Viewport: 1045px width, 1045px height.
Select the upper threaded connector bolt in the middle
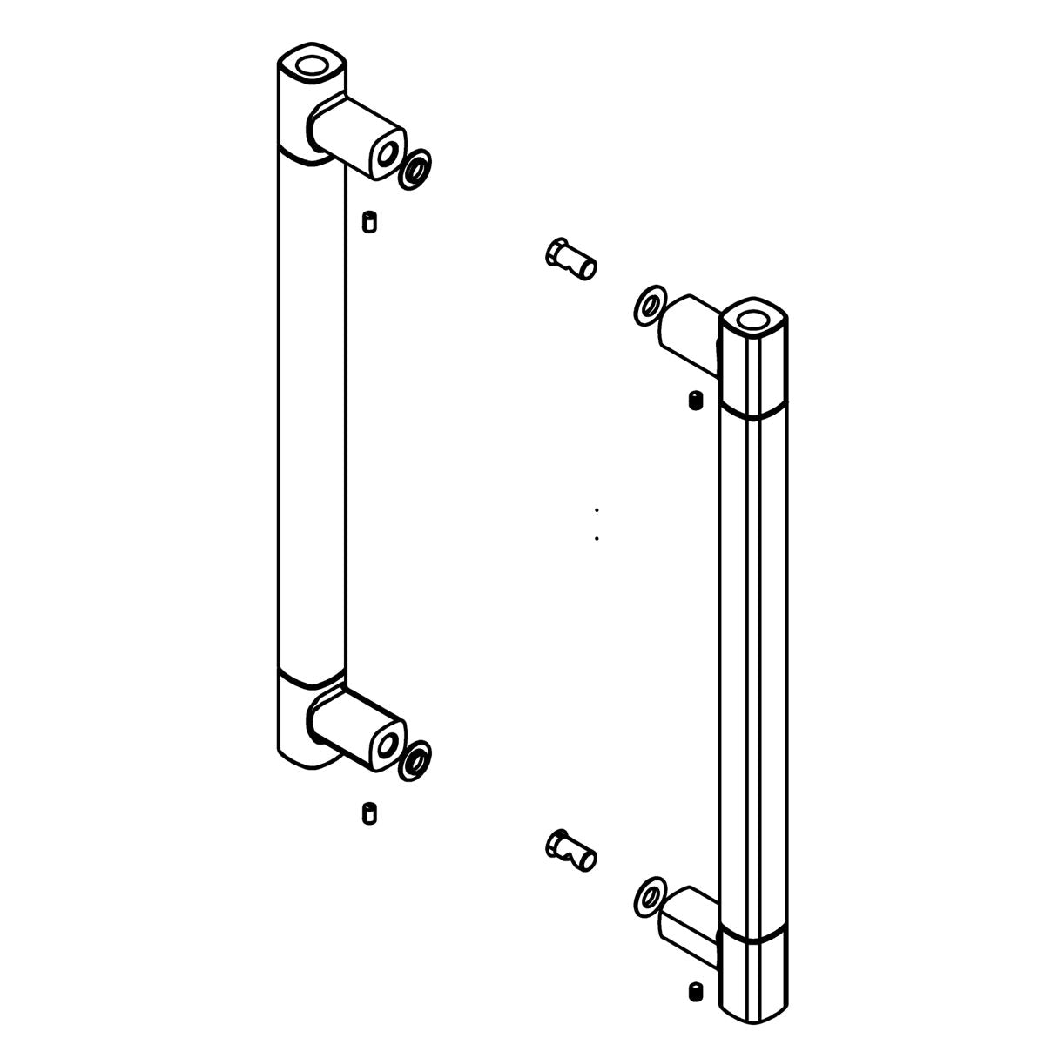570,259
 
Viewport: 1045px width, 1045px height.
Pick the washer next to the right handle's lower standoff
649,895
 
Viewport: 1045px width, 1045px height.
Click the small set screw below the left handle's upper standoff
368,221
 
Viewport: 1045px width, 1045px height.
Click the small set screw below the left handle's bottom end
368,814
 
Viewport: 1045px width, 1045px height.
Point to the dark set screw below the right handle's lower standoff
694,992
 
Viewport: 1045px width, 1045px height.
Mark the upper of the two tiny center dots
597,509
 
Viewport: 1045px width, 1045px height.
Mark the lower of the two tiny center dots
597,538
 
